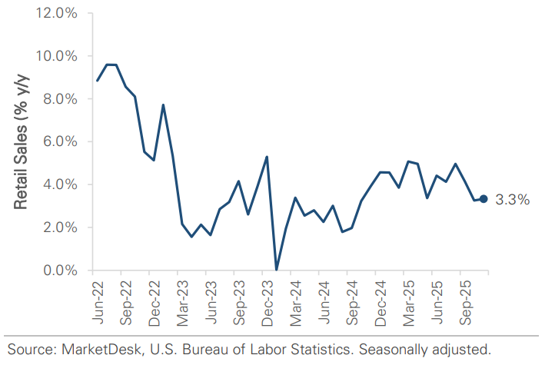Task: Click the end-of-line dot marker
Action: (x=484, y=199)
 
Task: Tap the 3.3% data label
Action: (x=511, y=200)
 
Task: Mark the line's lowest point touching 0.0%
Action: (x=276, y=269)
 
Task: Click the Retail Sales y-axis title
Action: (x=21, y=142)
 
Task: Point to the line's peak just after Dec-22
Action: (x=163, y=105)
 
